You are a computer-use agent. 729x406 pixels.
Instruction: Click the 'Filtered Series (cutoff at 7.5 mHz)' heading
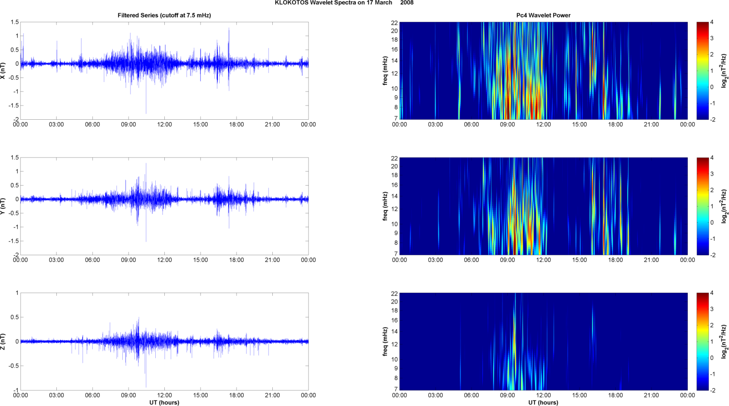coord(164,15)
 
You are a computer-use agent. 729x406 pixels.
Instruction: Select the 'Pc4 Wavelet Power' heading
coord(543,15)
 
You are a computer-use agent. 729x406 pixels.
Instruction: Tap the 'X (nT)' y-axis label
coord(3,71)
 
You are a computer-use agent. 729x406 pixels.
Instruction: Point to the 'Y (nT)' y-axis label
coord(3,206)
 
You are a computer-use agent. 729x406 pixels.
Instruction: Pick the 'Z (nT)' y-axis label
coord(3,342)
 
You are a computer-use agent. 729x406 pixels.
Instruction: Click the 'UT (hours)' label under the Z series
coord(164,403)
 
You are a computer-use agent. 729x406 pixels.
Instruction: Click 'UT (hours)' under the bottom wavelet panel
coord(543,403)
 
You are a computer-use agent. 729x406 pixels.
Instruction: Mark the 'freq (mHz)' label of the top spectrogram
coord(385,71)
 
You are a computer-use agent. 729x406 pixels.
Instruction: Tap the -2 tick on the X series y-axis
coord(16,119)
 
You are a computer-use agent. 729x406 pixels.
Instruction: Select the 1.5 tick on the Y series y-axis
coord(15,157)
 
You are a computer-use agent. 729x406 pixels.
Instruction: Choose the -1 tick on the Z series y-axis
coord(16,390)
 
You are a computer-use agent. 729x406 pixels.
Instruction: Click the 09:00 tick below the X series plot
coord(129,125)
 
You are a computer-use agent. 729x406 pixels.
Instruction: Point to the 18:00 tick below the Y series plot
coord(236,260)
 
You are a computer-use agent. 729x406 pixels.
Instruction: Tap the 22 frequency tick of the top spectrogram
coord(394,22)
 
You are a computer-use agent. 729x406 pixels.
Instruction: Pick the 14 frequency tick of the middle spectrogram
coord(394,196)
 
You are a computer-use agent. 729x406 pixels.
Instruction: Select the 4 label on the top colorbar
coord(712,22)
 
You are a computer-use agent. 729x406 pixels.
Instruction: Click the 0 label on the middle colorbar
coord(712,223)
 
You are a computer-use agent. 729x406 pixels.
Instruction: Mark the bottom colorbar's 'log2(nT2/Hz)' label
coord(725,342)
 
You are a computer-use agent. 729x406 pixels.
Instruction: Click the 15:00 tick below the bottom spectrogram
coord(579,396)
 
